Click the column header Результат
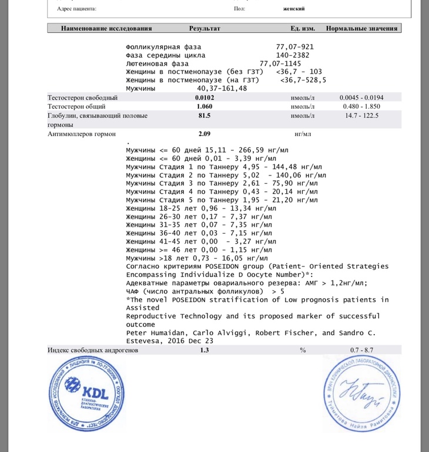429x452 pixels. tap(205, 28)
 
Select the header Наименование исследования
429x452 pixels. tap(106, 28)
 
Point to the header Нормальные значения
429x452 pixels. tap(361, 28)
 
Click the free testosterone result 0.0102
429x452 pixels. tap(205, 97)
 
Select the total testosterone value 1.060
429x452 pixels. tap(205, 107)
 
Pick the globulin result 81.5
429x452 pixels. tap(205, 116)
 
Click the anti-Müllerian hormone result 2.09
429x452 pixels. tap(205, 134)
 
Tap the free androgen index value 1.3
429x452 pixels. tap(205, 350)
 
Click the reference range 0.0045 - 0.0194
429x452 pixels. tap(361, 97)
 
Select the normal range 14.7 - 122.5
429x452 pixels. tap(361, 116)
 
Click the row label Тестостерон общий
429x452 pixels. tap(76, 107)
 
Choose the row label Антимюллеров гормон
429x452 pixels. tap(79, 134)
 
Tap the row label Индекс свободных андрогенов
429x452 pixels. tap(93, 350)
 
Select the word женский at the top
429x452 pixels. tap(294, 9)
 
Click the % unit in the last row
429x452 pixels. tap(303, 350)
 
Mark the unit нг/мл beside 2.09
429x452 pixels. tap(303, 134)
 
